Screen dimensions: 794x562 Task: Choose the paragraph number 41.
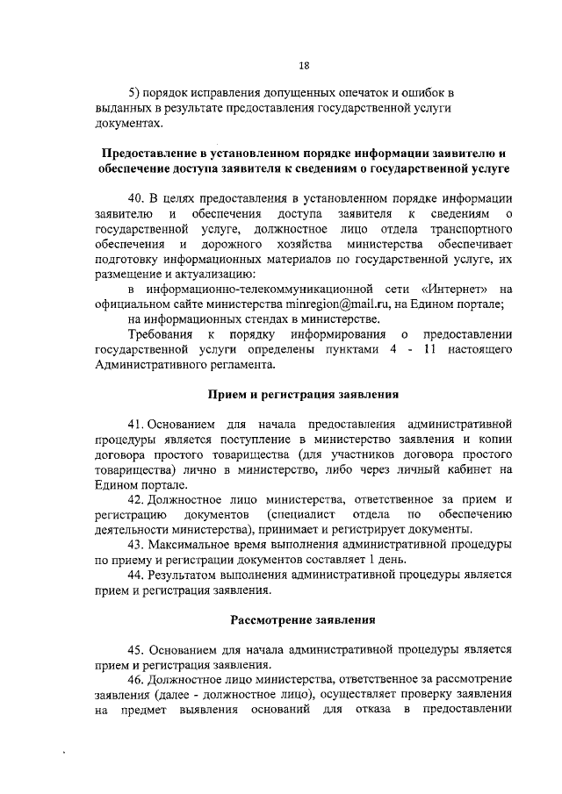click(136, 425)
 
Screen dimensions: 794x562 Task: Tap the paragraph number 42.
click(136, 499)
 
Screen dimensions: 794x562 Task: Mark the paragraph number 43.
click(136, 544)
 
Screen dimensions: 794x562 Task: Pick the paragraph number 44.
click(136, 574)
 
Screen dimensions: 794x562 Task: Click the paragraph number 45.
click(137, 649)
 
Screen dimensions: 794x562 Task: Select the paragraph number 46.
click(136, 679)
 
